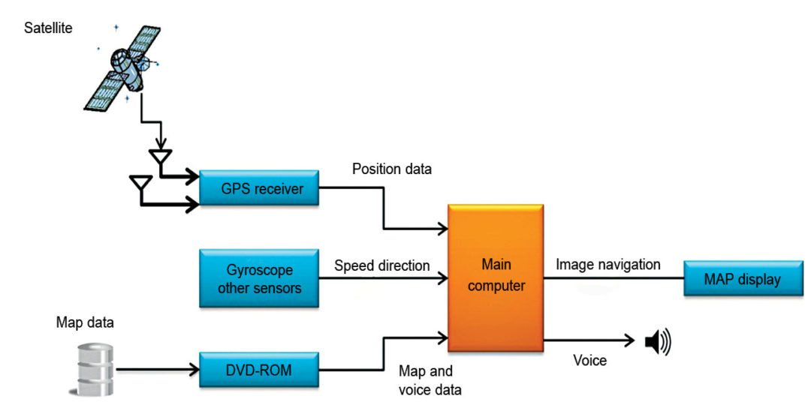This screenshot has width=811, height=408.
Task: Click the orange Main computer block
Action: click(x=496, y=277)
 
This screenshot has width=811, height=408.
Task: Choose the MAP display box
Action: click(x=742, y=280)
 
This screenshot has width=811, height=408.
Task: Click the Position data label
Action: click(x=392, y=169)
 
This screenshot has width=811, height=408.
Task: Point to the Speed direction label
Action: click(x=382, y=265)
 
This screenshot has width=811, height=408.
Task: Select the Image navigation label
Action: click(x=608, y=264)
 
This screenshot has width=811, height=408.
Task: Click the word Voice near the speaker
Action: click(x=589, y=361)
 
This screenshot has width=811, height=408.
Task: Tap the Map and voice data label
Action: click(x=430, y=380)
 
